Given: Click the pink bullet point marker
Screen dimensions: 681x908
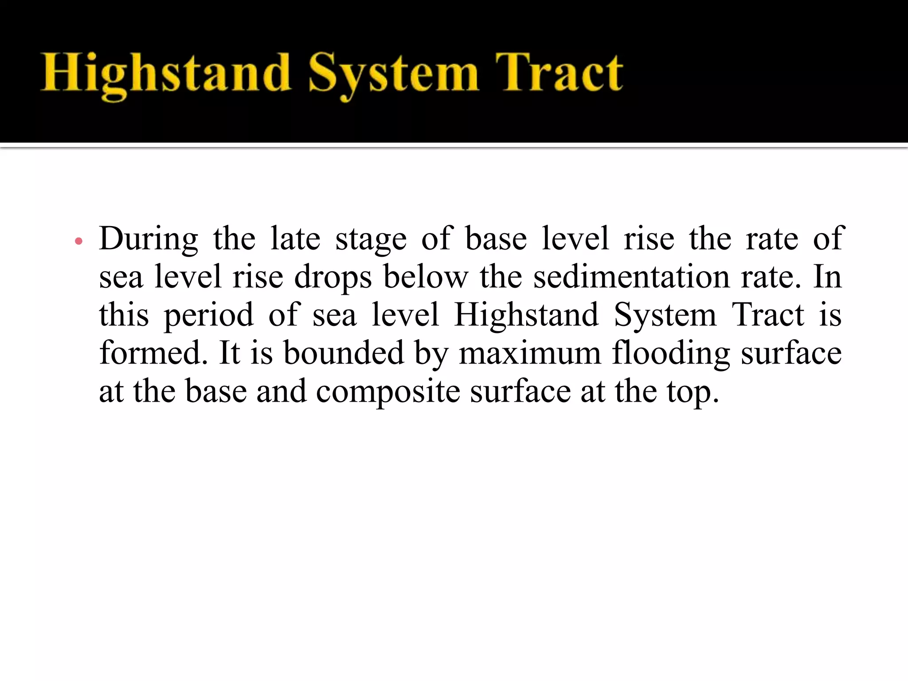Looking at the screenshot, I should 79,242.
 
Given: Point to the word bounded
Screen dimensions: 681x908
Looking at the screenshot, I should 344,353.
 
